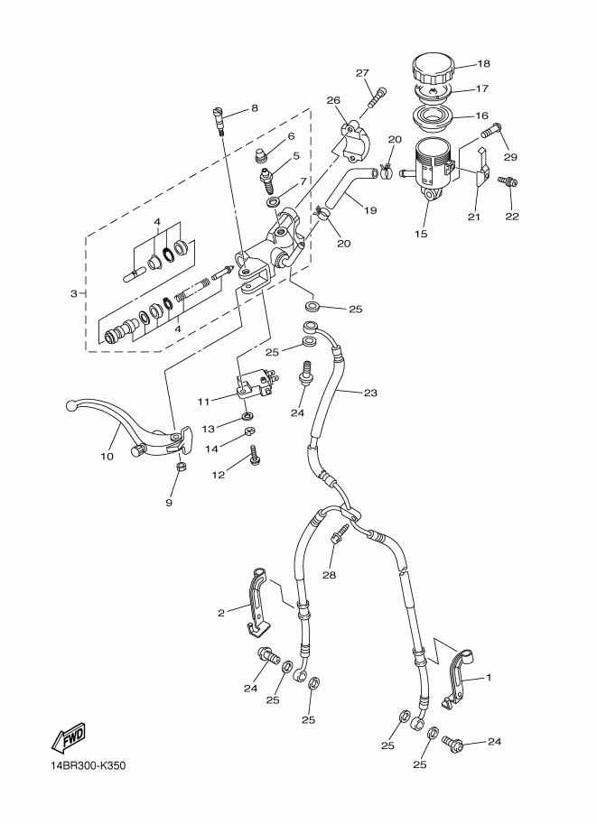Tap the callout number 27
(x=362, y=73)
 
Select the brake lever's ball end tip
(x=71, y=406)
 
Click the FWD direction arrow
(x=69, y=736)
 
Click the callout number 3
(x=74, y=293)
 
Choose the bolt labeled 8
(x=219, y=120)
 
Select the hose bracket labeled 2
(x=258, y=601)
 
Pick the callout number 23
(x=370, y=393)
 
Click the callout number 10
(x=107, y=457)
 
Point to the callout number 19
(x=370, y=210)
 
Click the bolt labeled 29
(x=490, y=129)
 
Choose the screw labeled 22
(x=508, y=181)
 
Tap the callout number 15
(x=421, y=234)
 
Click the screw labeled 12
(x=255, y=455)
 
